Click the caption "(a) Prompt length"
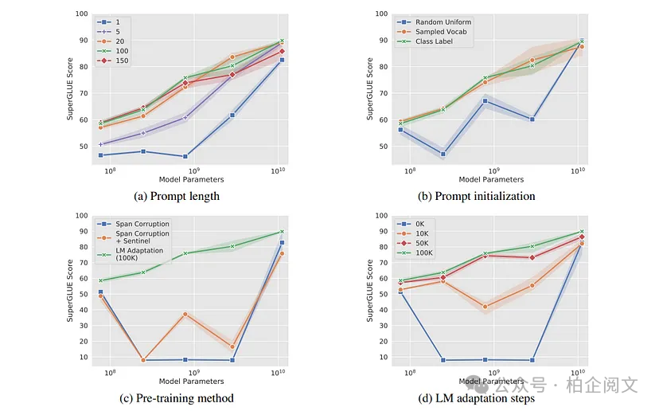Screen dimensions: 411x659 (x=177, y=196)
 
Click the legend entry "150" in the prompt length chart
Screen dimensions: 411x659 (x=119, y=60)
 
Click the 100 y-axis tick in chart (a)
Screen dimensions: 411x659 (x=83, y=14)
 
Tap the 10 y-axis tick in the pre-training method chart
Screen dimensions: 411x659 (x=83, y=357)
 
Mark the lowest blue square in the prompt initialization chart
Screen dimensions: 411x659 (x=443, y=154)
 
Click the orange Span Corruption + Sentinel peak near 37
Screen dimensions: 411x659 (x=185, y=314)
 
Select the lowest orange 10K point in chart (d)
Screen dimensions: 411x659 (x=485, y=307)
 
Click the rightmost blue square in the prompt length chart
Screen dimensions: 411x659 (x=282, y=60)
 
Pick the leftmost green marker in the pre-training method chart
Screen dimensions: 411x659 (x=100, y=280)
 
